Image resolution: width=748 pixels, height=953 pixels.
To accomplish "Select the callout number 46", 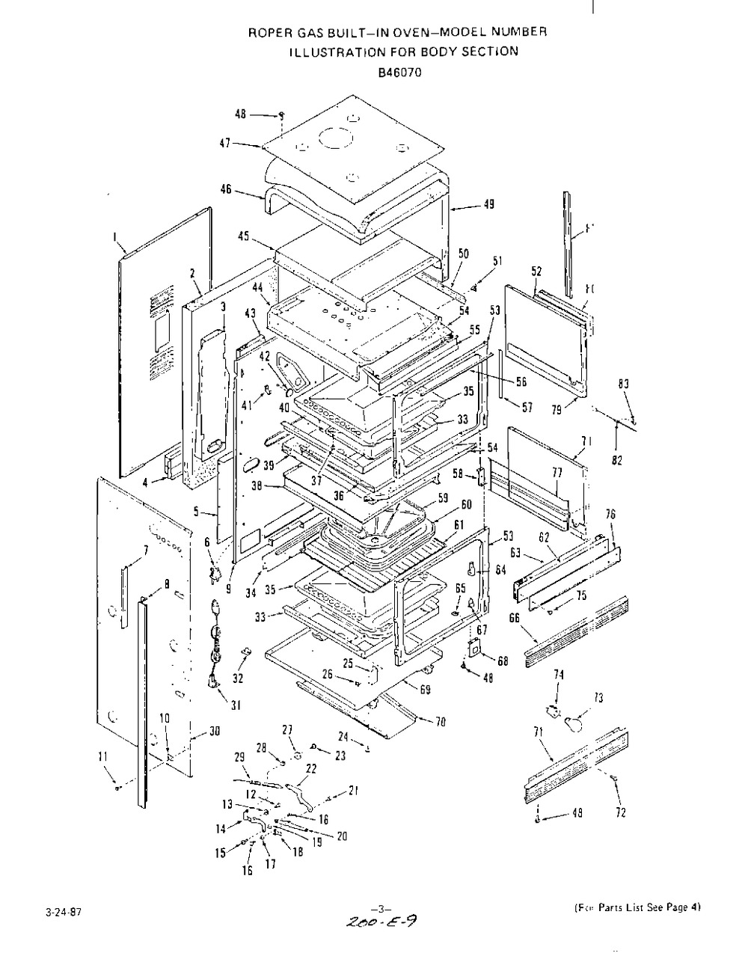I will (x=225, y=190).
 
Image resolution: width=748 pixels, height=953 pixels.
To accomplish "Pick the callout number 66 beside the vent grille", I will (x=514, y=617).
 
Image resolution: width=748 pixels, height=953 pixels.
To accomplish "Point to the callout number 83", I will (x=623, y=384).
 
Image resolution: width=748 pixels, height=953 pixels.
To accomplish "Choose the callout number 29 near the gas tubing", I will (x=240, y=758).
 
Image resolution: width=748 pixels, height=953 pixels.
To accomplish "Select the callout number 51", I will (x=498, y=260).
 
